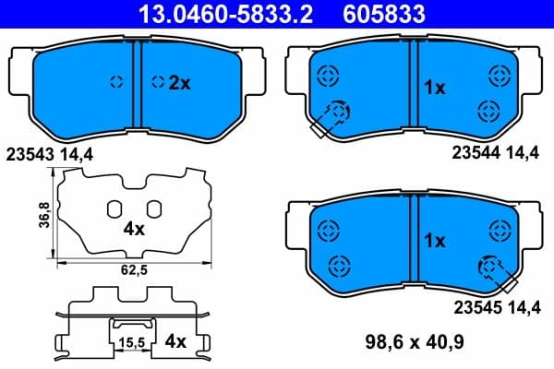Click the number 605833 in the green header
[x=400, y=14]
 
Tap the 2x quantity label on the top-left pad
[x=178, y=82]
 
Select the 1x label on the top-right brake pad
[x=434, y=88]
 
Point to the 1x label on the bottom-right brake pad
[x=434, y=241]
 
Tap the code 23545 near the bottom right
[x=474, y=308]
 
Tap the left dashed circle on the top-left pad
[x=116, y=81]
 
